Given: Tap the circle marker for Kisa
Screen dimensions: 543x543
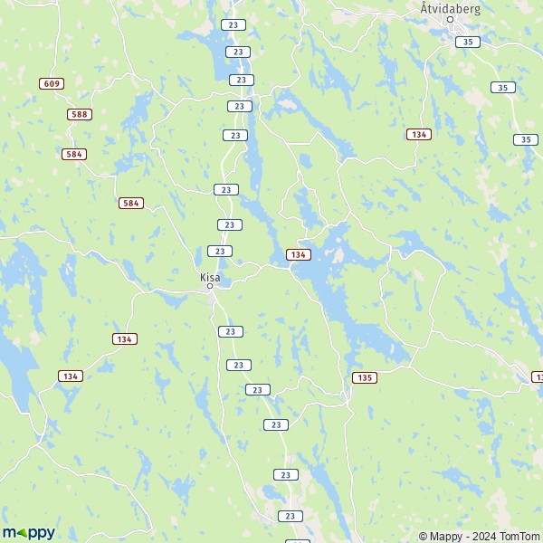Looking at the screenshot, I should (210, 286).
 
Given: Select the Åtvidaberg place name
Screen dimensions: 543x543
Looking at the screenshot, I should (450, 7).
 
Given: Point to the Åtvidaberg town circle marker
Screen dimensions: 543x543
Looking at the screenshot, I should (450, 18).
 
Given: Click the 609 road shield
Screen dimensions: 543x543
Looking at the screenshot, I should (52, 83).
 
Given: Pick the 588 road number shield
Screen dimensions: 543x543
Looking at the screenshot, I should (80, 114).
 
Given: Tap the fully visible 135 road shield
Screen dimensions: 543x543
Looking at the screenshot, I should (365, 376).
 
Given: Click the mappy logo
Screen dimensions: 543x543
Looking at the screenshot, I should (28, 532).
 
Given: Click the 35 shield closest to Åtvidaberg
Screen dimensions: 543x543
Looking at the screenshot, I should (467, 42).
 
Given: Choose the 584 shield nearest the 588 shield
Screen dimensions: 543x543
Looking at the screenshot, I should (74, 154).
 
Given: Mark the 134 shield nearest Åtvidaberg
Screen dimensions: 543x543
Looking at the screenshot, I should (418, 134).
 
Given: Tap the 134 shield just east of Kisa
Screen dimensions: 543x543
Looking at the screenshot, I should (298, 255).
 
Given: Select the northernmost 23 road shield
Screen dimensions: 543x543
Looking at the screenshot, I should (234, 24).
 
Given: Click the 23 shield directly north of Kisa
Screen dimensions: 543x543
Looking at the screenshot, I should (219, 251).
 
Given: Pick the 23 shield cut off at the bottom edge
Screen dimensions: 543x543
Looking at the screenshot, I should (297, 541).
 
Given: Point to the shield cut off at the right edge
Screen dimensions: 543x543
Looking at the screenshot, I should (538, 376).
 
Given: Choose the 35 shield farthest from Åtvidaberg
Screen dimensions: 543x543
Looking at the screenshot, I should (526, 139).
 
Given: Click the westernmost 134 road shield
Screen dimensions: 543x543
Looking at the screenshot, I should (71, 376).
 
